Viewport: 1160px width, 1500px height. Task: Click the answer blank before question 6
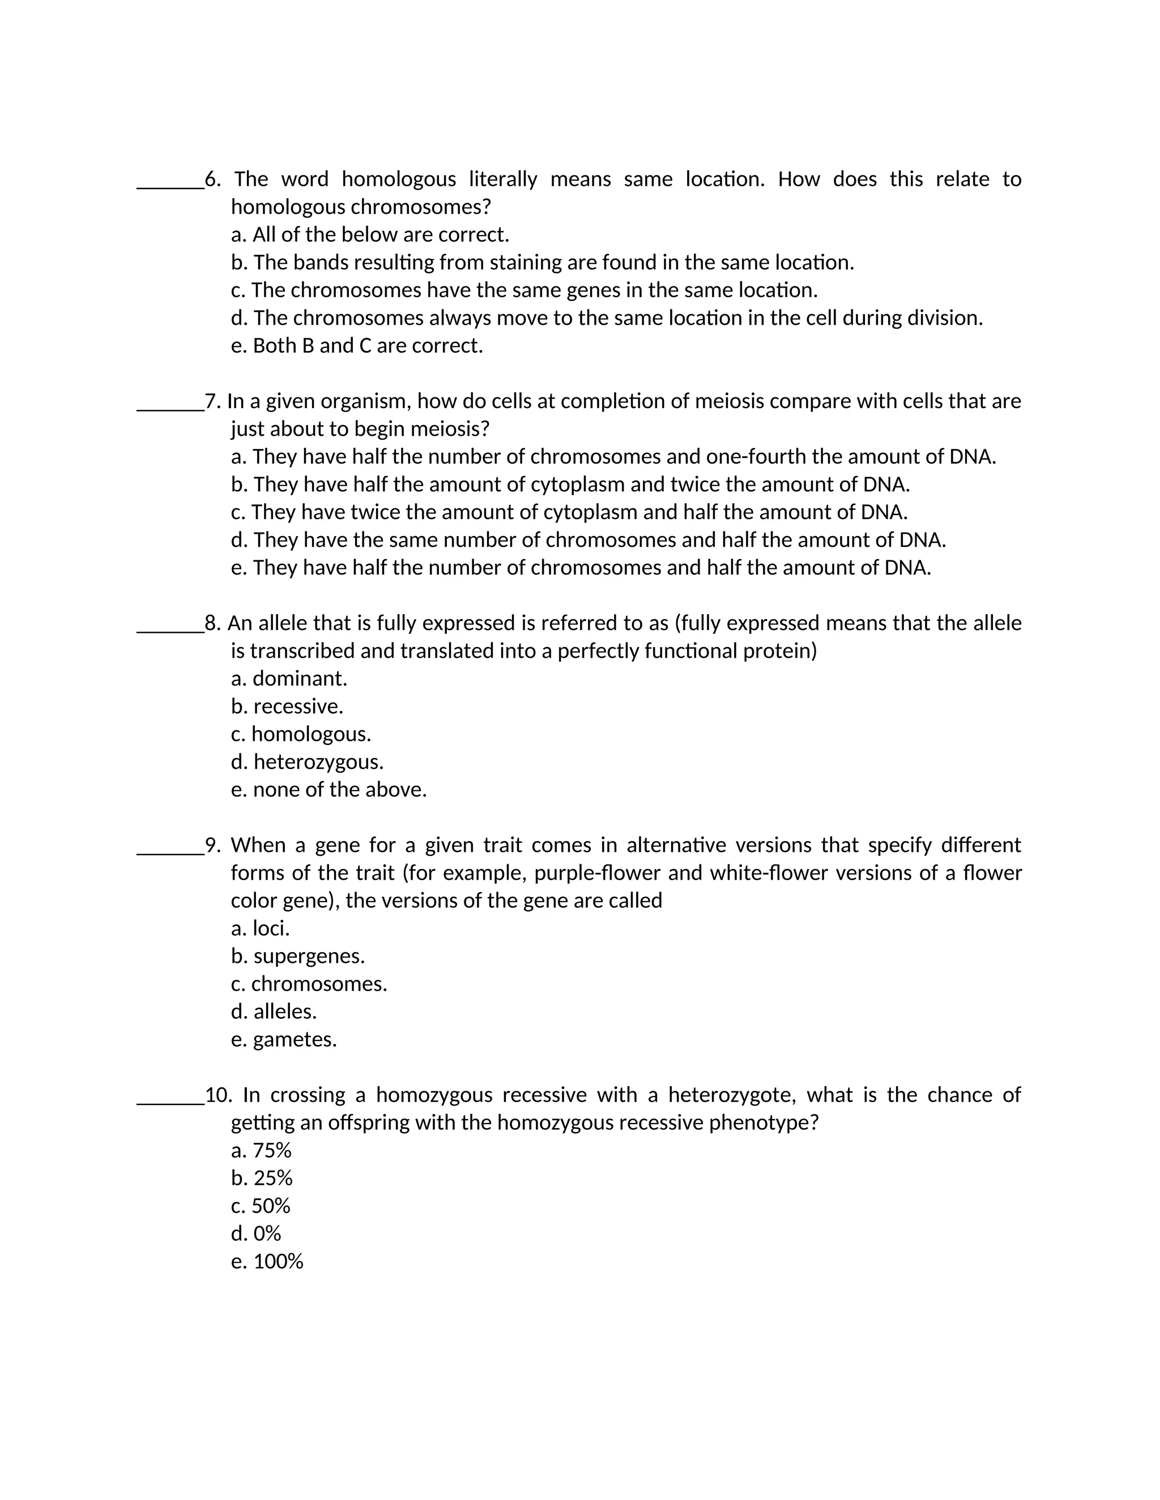click(x=170, y=184)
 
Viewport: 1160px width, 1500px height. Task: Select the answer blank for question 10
click(x=170, y=1100)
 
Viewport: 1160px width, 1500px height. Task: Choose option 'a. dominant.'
click(x=289, y=679)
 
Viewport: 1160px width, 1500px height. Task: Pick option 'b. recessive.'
click(x=287, y=706)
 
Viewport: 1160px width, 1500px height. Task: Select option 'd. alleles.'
click(x=274, y=1011)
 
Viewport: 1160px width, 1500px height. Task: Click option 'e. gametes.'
click(x=284, y=1039)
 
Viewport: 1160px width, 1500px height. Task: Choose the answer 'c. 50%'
click(x=261, y=1205)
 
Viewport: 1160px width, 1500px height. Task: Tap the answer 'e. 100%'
click(x=267, y=1261)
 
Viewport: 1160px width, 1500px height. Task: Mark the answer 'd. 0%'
click(x=257, y=1233)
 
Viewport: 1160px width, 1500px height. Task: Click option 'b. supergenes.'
click(x=298, y=956)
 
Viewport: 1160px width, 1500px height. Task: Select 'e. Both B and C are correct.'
click(x=357, y=345)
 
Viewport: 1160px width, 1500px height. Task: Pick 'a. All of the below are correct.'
click(x=370, y=235)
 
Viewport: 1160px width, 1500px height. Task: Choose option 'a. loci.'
click(x=261, y=928)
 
